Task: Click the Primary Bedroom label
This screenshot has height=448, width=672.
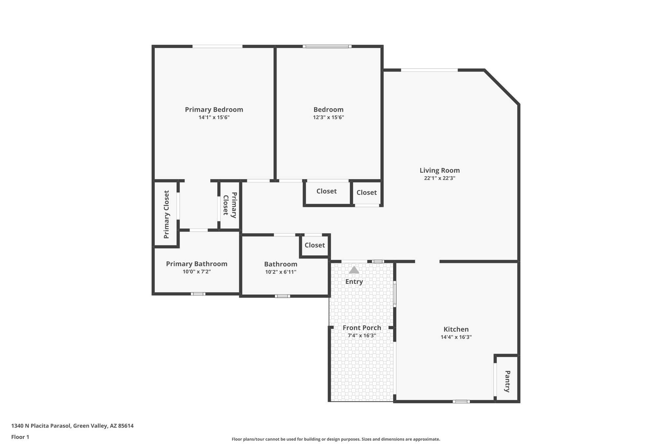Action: tap(214, 110)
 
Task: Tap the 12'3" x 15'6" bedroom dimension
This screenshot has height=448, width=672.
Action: tap(328, 117)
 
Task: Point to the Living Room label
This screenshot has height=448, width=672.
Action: tap(439, 170)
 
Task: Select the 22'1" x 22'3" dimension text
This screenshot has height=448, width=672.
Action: tap(439, 178)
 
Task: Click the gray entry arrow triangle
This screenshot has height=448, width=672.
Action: tap(354, 270)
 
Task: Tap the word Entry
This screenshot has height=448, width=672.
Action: tap(354, 282)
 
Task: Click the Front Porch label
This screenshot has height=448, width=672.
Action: tap(362, 328)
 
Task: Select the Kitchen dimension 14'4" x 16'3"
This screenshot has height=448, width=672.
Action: tap(456, 337)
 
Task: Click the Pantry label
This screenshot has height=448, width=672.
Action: tap(507, 381)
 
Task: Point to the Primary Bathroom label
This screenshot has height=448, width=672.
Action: tap(197, 264)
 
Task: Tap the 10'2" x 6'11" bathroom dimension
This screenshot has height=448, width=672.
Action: tap(281, 272)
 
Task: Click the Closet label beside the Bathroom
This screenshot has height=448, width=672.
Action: tap(314, 245)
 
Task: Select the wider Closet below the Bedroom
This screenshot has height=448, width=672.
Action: tap(326, 191)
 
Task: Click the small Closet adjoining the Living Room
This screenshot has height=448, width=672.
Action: tap(366, 193)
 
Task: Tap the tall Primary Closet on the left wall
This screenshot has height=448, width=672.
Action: tap(166, 214)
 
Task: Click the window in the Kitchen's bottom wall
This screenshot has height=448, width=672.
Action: tap(461, 401)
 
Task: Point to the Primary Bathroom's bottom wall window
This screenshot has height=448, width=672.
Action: tap(198, 294)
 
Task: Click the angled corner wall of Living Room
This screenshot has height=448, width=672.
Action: tap(501, 87)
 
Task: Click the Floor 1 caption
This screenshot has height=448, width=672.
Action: tap(20, 437)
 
